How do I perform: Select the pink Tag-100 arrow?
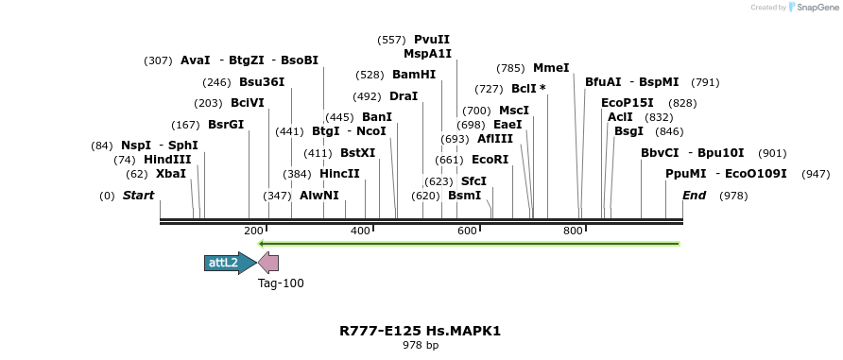[268, 263]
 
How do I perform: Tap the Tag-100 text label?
[281, 283]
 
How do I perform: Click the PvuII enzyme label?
[432, 40]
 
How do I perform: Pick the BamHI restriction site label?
[414, 75]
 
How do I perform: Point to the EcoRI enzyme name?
[490, 160]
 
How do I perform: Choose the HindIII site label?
[167, 160]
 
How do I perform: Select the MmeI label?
[551, 68]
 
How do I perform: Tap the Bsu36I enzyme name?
[262, 82]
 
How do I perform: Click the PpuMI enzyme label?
[685, 174]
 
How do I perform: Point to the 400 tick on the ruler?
[360, 231]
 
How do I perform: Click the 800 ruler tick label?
[573, 231]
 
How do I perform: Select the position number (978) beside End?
[733, 196]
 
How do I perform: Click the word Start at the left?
[138, 196]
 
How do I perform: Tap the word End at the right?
[694, 196]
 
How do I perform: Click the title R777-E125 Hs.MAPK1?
[421, 331]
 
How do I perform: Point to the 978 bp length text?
[421, 346]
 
